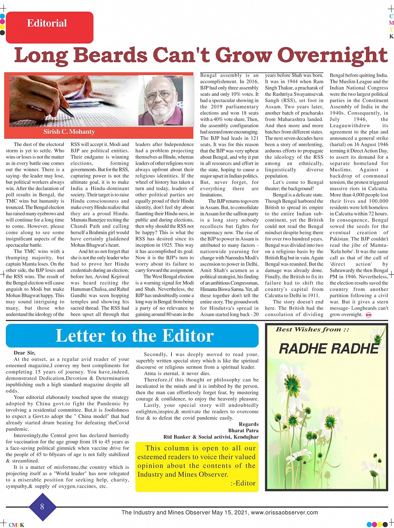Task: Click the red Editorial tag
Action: point(49,27)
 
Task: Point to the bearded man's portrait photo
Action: point(160,100)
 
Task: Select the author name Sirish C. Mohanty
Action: point(69,132)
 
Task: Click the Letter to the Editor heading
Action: point(134,335)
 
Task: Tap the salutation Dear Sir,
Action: point(25,353)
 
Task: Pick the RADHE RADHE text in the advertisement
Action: point(329,349)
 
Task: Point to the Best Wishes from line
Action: point(312,329)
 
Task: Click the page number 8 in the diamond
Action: point(42,507)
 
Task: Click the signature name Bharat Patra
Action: point(243,430)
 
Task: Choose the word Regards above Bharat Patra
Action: point(248,424)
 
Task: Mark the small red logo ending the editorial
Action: point(368,315)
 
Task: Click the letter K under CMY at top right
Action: point(391,36)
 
